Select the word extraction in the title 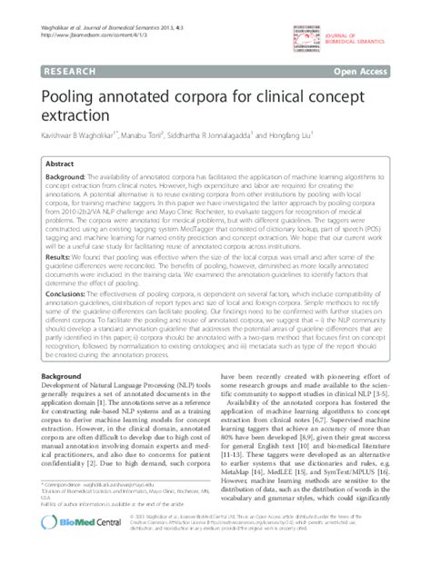click(75, 116)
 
